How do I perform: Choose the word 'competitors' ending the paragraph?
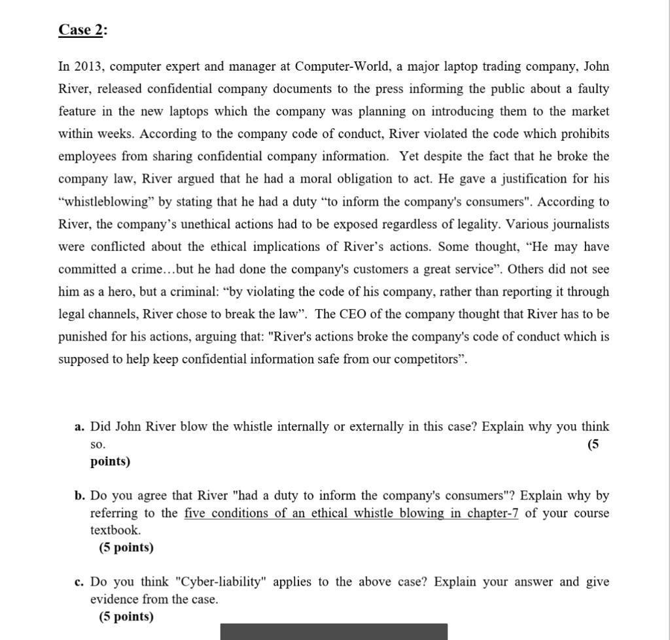pos(431,360)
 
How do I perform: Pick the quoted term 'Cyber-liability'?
pos(221,582)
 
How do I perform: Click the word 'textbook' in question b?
pos(115,530)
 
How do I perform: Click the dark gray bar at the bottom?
pos(334,632)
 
